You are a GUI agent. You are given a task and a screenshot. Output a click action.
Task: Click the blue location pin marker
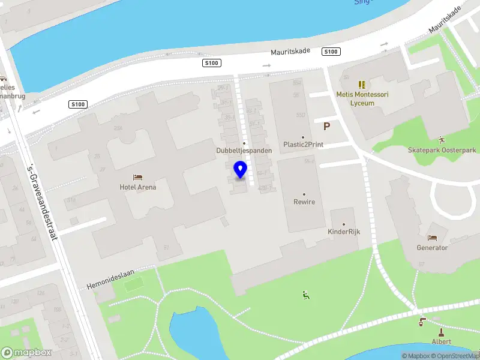[x=240, y=170]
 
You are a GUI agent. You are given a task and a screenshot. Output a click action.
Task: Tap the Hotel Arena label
[x=138, y=187]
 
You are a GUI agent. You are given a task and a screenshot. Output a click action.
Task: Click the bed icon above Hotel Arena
[x=138, y=178]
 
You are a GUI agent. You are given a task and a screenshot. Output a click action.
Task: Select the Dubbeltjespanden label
[x=245, y=151]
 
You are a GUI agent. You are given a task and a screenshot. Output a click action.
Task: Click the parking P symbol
[x=327, y=127]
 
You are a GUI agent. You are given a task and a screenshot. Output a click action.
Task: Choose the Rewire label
[x=304, y=202]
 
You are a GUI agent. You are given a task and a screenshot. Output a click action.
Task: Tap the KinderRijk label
[x=344, y=232]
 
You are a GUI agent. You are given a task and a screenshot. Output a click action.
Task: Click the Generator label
[x=432, y=248]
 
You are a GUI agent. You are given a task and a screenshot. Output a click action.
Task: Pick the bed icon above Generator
[x=432, y=238]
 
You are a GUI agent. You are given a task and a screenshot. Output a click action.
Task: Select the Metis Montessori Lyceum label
[x=362, y=99]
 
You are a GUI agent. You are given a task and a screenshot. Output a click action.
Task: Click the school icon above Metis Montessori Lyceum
[x=362, y=85]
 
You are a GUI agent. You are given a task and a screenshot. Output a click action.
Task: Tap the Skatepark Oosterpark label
[x=442, y=150]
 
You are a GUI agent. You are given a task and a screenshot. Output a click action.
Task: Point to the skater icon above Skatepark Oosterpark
[x=442, y=139]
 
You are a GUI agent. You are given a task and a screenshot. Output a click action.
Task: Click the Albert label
[x=442, y=341]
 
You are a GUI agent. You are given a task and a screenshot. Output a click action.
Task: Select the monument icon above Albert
[x=442, y=332]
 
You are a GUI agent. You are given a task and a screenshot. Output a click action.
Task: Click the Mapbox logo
[x=26, y=353]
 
